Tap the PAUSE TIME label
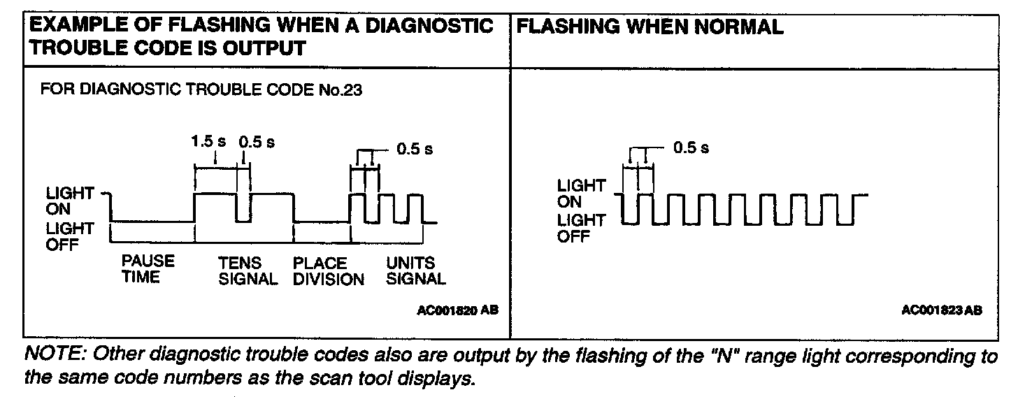click(x=148, y=270)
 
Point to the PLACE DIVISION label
click(x=329, y=271)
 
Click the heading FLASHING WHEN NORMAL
click(x=652, y=27)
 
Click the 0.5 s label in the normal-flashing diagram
click(x=691, y=148)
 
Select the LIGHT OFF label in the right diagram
click(x=580, y=228)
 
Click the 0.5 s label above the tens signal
click(x=257, y=141)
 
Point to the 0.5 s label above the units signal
click(x=415, y=149)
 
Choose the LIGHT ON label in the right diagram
click(x=580, y=194)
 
